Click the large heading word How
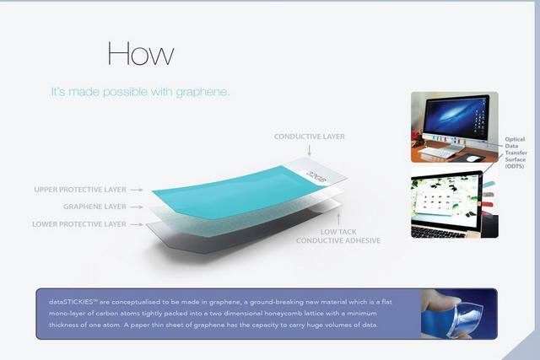(x=141, y=53)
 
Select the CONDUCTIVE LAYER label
(x=310, y=136)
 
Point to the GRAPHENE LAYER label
(x=95, y=206)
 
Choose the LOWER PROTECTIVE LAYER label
(x=79, y=224)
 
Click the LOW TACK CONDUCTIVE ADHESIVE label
(x=338, y=235)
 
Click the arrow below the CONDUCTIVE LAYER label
(x=310, y=149)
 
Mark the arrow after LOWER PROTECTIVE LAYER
(x=139, y=224)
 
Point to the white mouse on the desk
(x=475, y=158)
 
